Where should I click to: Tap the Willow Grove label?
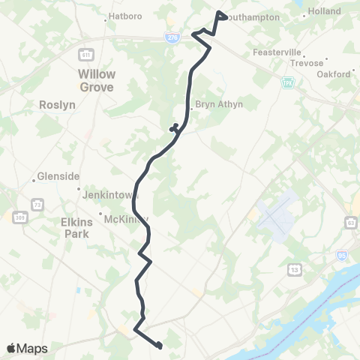click(x=97, y=80)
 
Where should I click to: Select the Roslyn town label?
click(x=58, y=106)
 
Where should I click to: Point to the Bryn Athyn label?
click(x=218, y=104)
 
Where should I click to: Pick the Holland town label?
click(x=325, y=12)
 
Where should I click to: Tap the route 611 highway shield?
click(x=86, y=54)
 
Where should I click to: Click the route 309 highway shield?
click(x=20, y=217)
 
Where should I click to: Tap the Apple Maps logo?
click(x=27, y=348)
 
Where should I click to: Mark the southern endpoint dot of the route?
click(x=160, y=345)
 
